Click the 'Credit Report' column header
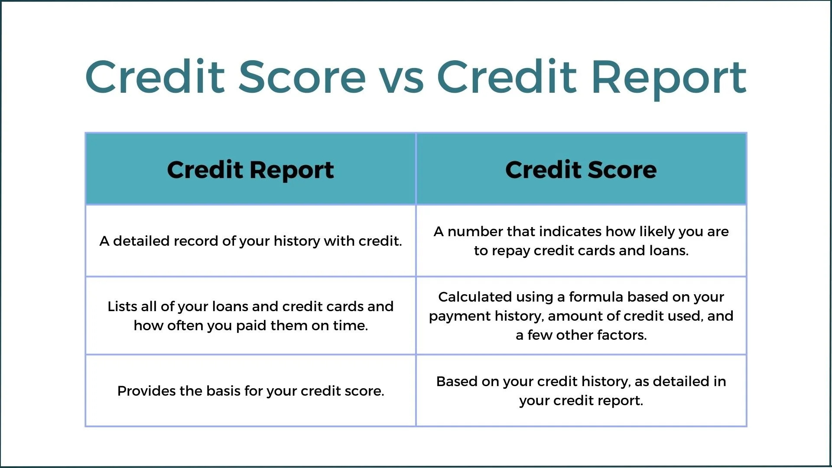250,169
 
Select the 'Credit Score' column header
581,169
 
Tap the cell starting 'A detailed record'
250,241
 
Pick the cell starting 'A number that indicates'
581,241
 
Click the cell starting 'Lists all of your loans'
250,316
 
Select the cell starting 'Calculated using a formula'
581,316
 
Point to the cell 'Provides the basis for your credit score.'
250,391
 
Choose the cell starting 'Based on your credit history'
581,391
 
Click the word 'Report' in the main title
669,78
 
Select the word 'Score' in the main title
302,78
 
